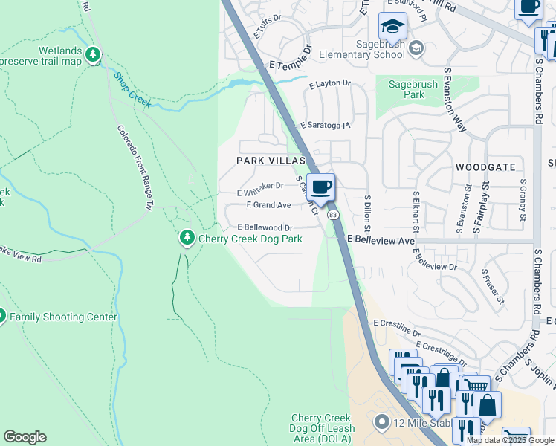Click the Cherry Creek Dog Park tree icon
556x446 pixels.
click(187, 239)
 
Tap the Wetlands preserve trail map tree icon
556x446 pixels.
click(93, 54)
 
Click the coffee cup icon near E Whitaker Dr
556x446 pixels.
click(320, 187)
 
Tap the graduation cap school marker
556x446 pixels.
click(392, 28)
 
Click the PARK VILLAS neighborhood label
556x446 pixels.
click(271, 161)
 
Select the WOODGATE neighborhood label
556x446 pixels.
click(485, 167)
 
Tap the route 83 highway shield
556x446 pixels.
click(334, 214)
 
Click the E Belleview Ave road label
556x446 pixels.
click(381, 242)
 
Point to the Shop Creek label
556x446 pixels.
click(132, 89)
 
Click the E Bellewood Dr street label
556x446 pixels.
click(265, 227)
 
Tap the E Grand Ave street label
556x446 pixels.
click(268, 204)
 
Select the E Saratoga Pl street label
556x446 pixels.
click(325, 126)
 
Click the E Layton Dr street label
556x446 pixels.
click(328, 85)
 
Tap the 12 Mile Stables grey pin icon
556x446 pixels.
click(382, 423)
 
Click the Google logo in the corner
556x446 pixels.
click(25, 436)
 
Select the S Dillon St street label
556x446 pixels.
click(367, 212)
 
